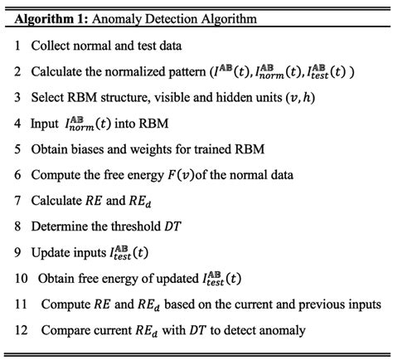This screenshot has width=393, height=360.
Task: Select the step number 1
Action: click(x=17, y=46)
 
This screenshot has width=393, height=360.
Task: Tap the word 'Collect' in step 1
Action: click(x=51, y=46)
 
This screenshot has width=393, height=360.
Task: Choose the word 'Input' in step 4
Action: click(x=46, y=124)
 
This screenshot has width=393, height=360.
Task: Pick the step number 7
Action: click(x=17, y=202)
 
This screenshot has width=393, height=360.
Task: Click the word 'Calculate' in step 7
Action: click(x=58, y=202)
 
